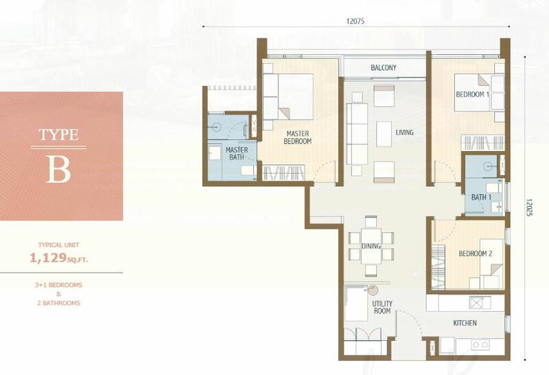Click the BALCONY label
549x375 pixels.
click(384, 67)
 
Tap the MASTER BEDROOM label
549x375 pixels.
click(298, 137)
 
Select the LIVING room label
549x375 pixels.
click(404, 133)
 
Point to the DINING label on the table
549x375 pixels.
click(371, 246)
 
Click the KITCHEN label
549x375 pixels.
click(465, 323)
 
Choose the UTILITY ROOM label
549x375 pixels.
click(382, 307)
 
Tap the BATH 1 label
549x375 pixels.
click(481, 197)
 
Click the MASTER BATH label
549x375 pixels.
click(237, 154)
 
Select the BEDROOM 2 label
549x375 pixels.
click(475, 253)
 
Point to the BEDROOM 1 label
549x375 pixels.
click(472, 94)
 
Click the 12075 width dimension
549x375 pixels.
click(355, 21)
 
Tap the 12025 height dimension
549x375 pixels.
click(528, 207)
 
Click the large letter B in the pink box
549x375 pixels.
click(58, 169)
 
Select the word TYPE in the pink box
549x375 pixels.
click(58, 135)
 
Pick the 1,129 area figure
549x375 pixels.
click(48, 258)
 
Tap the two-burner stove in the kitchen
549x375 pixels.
click(480, 345)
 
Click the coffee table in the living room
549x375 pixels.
click(384, 134)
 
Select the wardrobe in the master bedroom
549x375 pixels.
click(283, 173)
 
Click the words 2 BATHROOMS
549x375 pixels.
click(58, 303)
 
